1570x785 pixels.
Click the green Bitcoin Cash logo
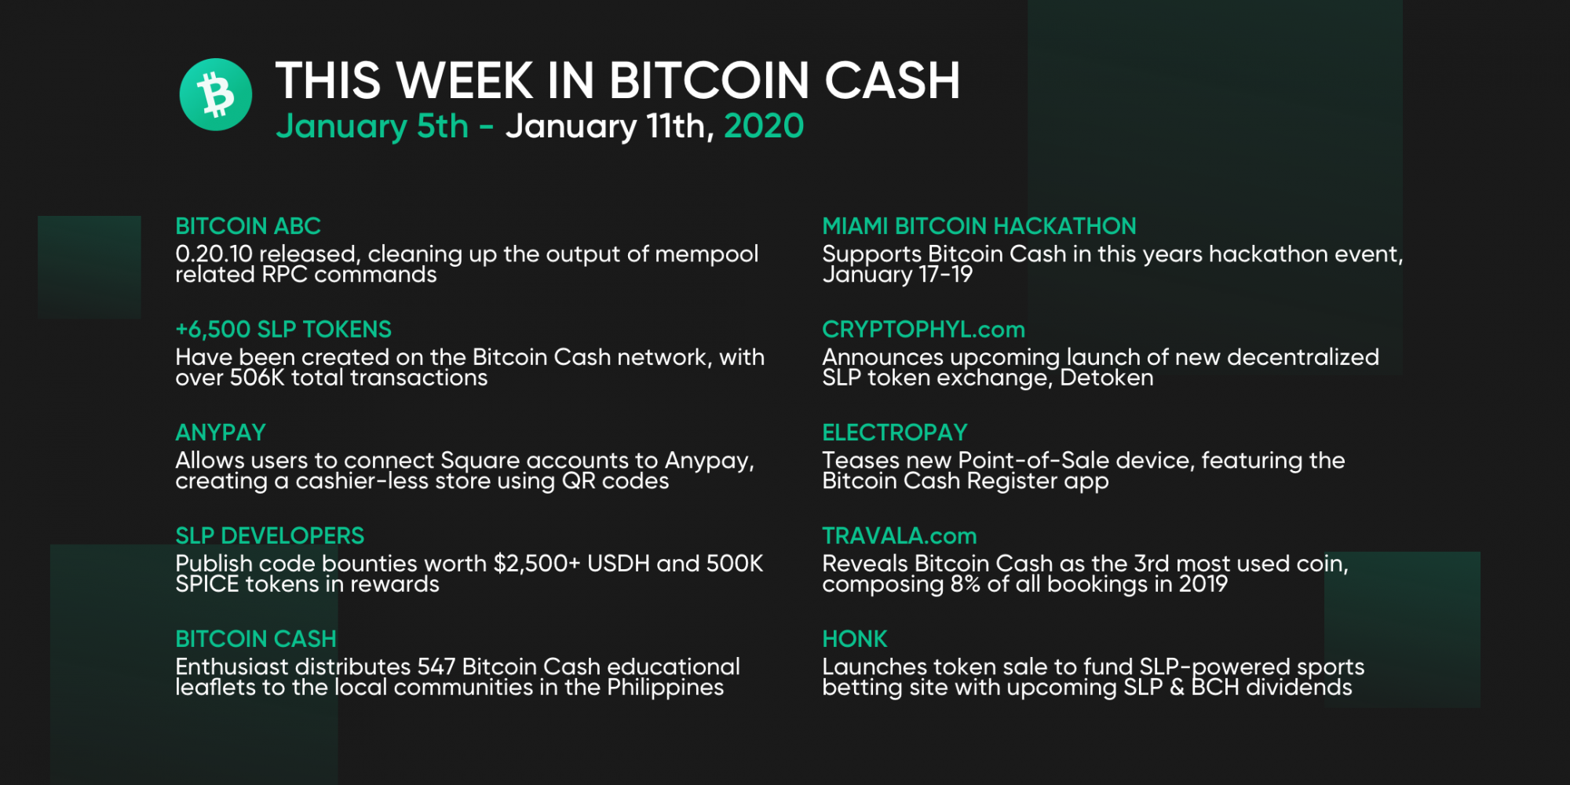click(216, 94)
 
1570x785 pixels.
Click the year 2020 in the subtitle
click(764, 126)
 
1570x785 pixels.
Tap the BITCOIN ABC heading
click(248, 226)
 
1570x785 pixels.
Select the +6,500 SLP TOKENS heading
click(283, 329)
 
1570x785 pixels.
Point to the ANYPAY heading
click(221, 433)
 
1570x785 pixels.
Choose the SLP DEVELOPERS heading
click(270, 535)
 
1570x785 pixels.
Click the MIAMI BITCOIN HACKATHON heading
click(979, 226)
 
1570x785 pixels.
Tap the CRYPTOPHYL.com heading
click(924, 329)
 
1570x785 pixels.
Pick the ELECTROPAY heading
click(895, 433)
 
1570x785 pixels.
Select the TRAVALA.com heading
click(900, 535)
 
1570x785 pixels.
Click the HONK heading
click(855, 639)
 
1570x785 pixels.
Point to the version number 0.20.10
click(214, 254)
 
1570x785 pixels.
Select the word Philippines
click(666, 688)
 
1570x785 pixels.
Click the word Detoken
click(1107, 378)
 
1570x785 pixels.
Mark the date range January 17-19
click(897, 275)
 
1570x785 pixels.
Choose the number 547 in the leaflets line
click(436, 666)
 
